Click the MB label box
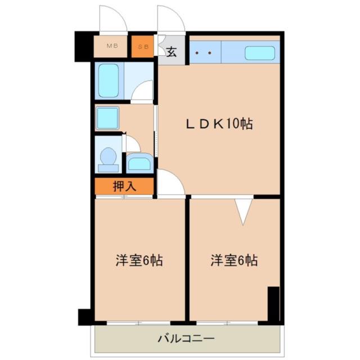point(111,47)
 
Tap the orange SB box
point(143,47)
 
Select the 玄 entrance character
point(171,52)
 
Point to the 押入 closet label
point(124,186)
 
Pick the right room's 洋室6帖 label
point(235,261)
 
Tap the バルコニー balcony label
point(186,339)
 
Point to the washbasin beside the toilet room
point(138,163)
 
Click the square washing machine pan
point(107,118)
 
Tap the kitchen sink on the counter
point(259,54)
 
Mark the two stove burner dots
point(203,54)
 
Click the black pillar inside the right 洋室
point(273,304)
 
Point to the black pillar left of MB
point(83,47)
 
